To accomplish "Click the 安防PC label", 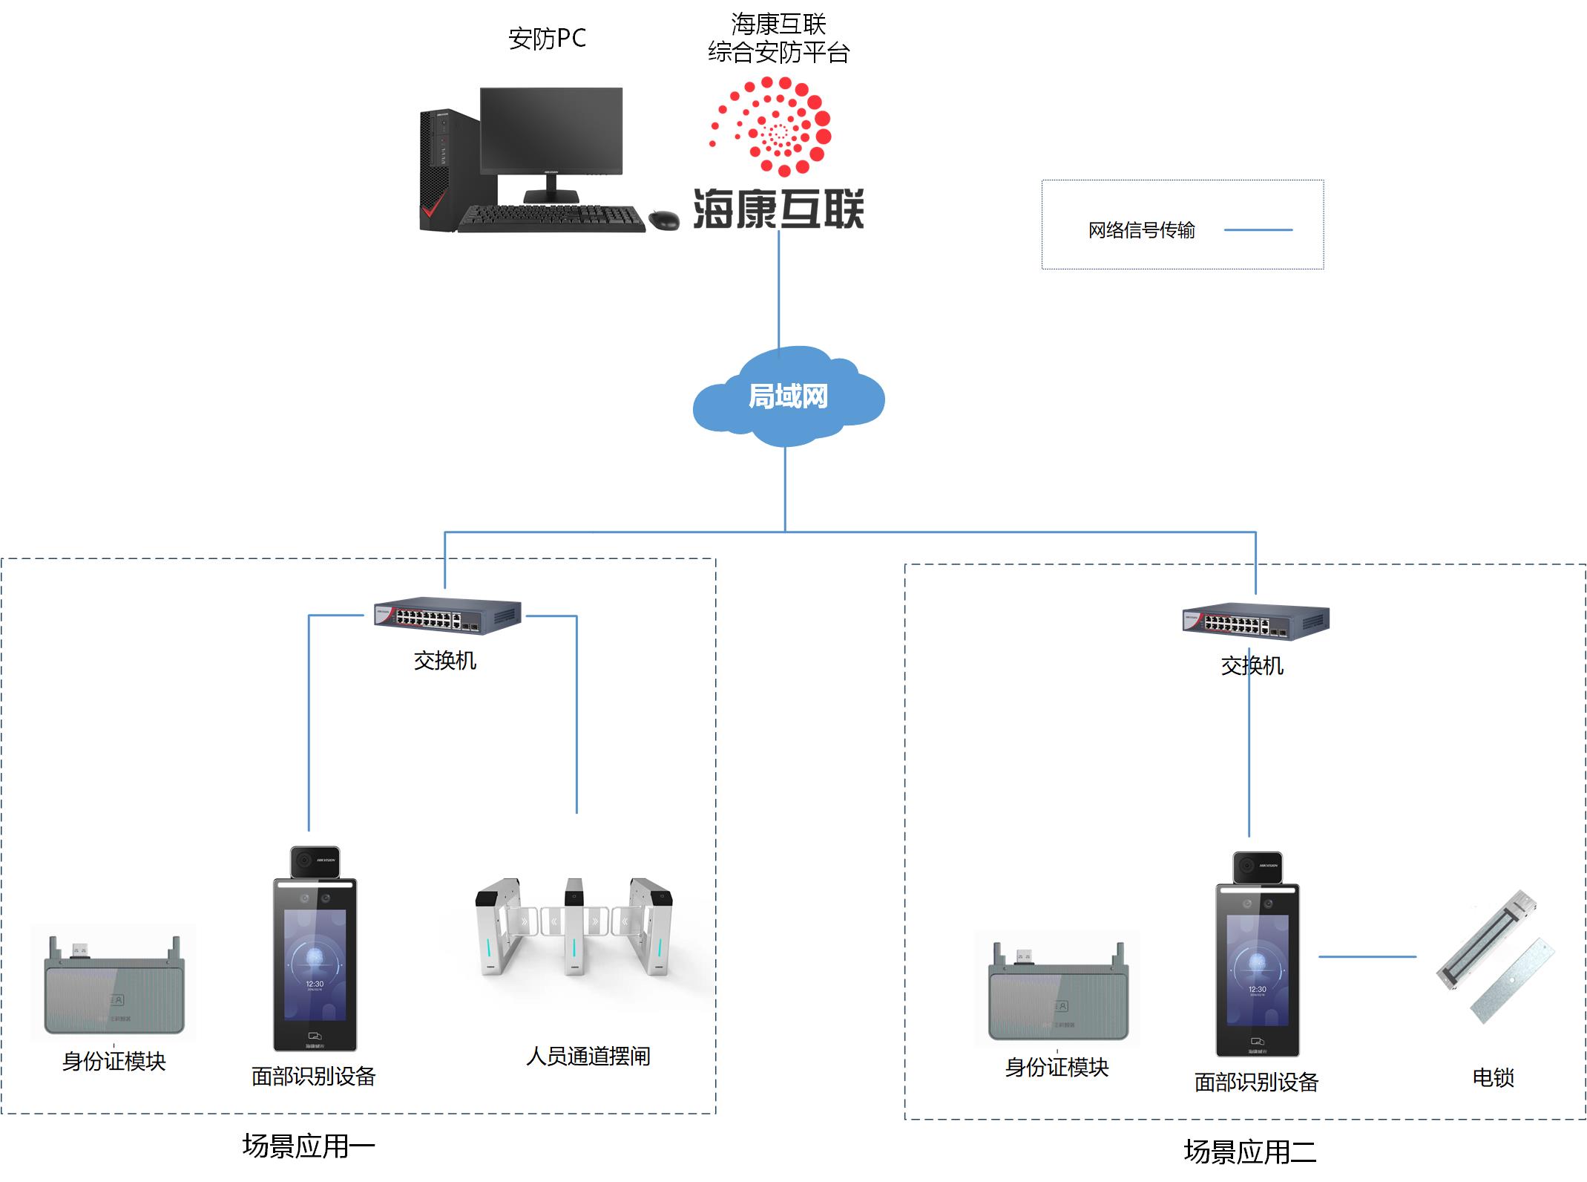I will (547, 39).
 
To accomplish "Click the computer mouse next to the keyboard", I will (663, 219).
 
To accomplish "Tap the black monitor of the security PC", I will (551, 131).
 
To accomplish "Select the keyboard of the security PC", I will (551, 218).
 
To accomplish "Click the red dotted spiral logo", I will (775, 126).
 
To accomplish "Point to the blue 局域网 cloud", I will (788, 397).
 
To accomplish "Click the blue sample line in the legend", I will (1258, 230).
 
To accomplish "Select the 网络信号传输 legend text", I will (1141, 230).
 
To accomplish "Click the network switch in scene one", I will (447, 616).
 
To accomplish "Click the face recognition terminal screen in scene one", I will (315, 965).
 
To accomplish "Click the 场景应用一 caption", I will (309, 1146).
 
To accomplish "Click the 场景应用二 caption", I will (1250, 1152).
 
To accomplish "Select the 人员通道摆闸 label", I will (588, 1056).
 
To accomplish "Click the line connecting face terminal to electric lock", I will (1367, 956).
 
